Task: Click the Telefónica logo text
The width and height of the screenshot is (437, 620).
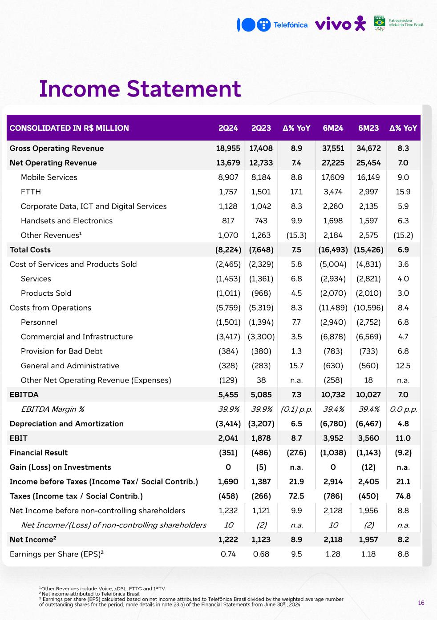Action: pos(290,25)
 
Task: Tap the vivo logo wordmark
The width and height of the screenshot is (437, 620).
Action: pos(333,24)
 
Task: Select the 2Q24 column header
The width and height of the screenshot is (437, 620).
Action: pos(228,128)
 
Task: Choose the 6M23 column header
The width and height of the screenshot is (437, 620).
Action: pos(368,128)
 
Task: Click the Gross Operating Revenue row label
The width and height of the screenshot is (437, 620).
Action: pos(57,149)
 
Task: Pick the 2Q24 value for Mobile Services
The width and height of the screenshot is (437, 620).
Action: pos(228,177)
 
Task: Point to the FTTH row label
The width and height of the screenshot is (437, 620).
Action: pos(31,192)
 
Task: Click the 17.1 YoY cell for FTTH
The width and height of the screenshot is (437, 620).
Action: pos(296,192)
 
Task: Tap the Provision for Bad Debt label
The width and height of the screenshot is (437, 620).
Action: pos(61,351)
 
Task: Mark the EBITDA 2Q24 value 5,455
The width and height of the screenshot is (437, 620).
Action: pos(228,395)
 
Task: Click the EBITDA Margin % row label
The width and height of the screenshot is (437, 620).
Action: pos(53,409)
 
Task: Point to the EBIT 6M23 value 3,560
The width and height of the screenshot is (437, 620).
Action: pos(368,438)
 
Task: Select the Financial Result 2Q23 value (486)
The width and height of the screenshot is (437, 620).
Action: pos(261,453)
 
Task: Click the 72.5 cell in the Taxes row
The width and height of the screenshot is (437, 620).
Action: pos(296,496)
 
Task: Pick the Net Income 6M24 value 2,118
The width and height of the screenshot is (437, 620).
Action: pos(333,539)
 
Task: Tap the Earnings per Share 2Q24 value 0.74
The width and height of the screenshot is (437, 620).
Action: pos(228,554)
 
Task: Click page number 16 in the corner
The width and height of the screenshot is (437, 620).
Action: pos(421,603)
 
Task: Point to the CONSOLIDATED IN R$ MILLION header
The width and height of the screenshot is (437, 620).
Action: pos(69,128)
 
